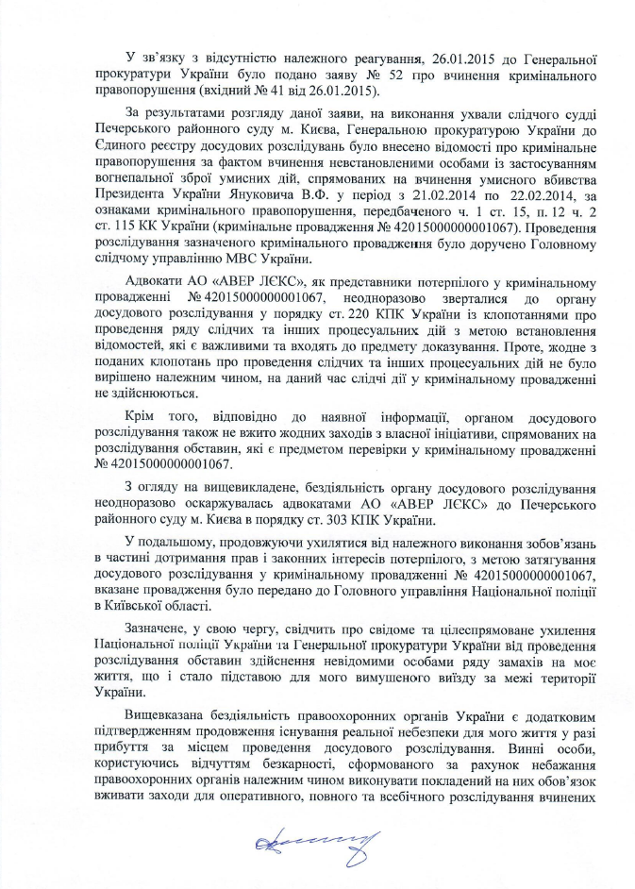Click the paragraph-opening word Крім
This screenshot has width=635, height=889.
(140, 415)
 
